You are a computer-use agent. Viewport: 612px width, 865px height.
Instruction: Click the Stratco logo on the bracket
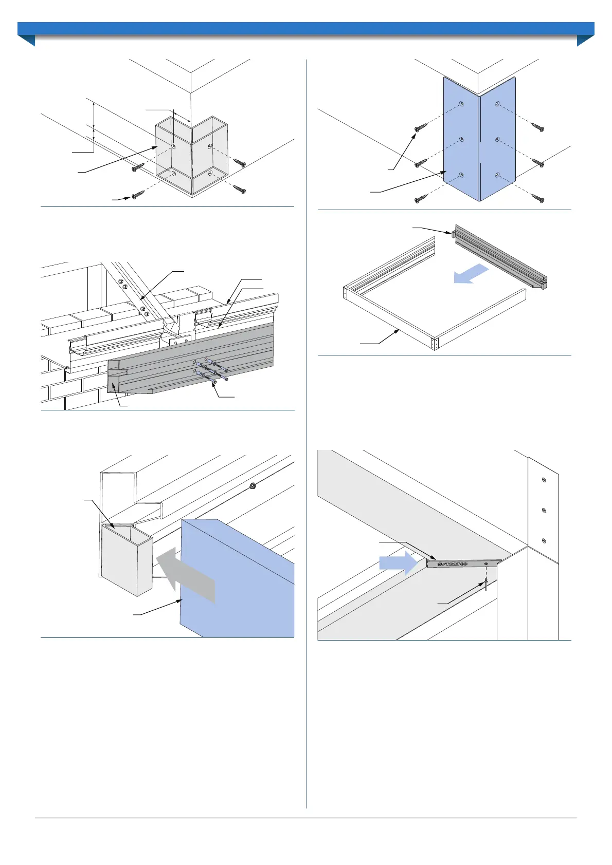pos(453,564)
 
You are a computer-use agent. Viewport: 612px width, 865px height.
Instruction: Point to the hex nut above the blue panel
pos(253,485)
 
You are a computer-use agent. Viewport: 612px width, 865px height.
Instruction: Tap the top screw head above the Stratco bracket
pos(544,480)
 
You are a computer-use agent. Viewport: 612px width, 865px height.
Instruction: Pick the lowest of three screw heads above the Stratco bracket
pos(544,541)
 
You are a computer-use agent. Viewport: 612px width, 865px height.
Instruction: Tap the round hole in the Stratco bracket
pos(486,563)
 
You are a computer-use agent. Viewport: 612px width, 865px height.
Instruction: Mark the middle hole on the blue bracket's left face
pos(461,139)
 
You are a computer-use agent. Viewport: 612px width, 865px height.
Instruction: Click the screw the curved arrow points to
pos(137,195)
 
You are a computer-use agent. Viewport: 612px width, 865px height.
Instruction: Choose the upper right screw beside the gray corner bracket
pos(240,163)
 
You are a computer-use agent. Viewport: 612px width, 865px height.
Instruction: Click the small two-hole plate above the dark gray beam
pos(180,341)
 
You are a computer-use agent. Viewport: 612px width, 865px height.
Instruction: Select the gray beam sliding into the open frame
pos(499,257)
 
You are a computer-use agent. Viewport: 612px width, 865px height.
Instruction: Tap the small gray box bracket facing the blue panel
pos(127,560)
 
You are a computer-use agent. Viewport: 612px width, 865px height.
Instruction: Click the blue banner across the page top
pos(306,29)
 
